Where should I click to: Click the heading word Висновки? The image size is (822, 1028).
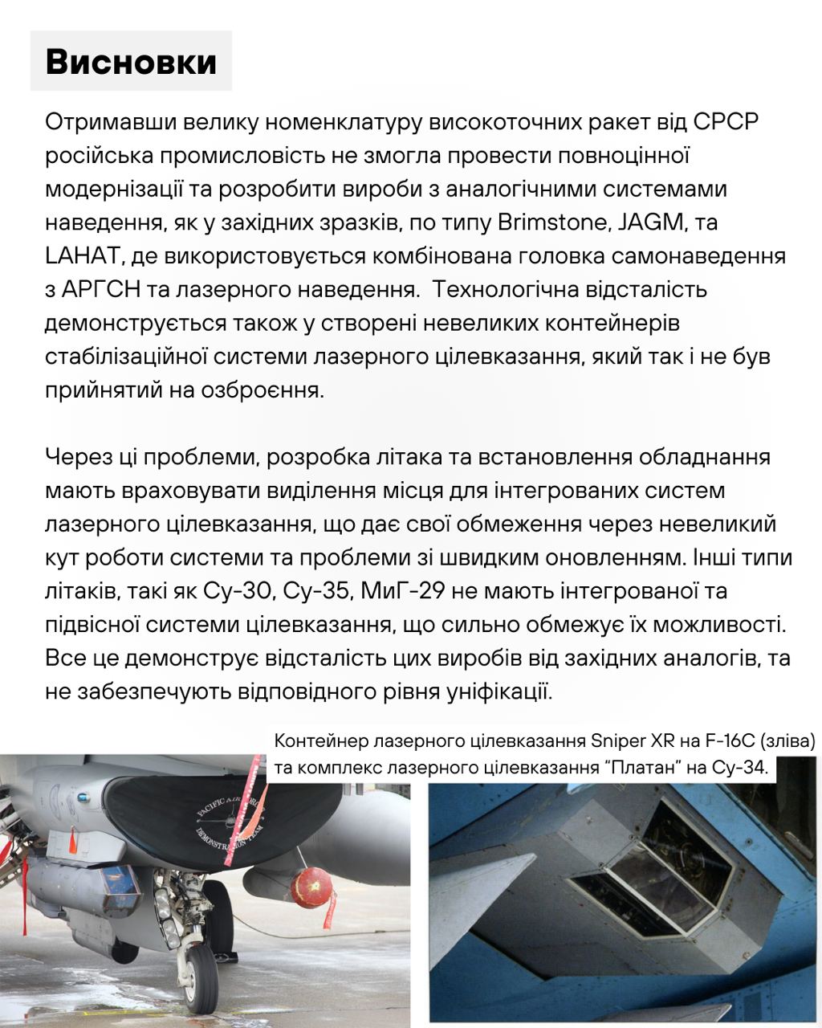point(131,62)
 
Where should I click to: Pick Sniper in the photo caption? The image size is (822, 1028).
point(616,740)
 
